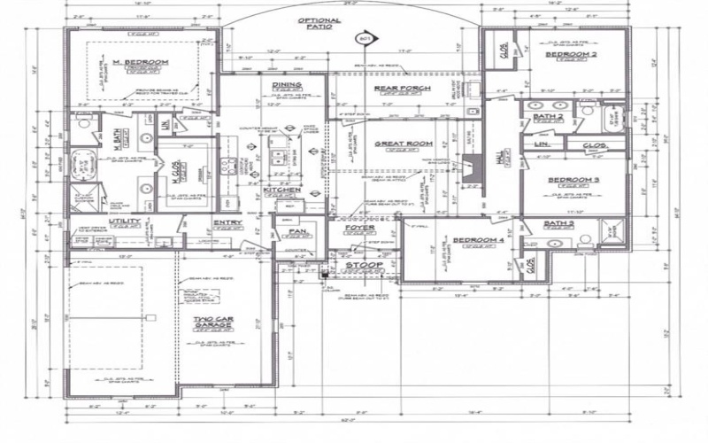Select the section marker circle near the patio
(363, 39)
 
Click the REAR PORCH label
(402, 89)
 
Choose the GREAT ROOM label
(403, 144)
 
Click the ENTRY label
(227, 223)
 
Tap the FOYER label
(359, 228)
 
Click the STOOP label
(363, 265)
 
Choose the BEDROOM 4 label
(478, 241)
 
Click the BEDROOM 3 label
(573, 180)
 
